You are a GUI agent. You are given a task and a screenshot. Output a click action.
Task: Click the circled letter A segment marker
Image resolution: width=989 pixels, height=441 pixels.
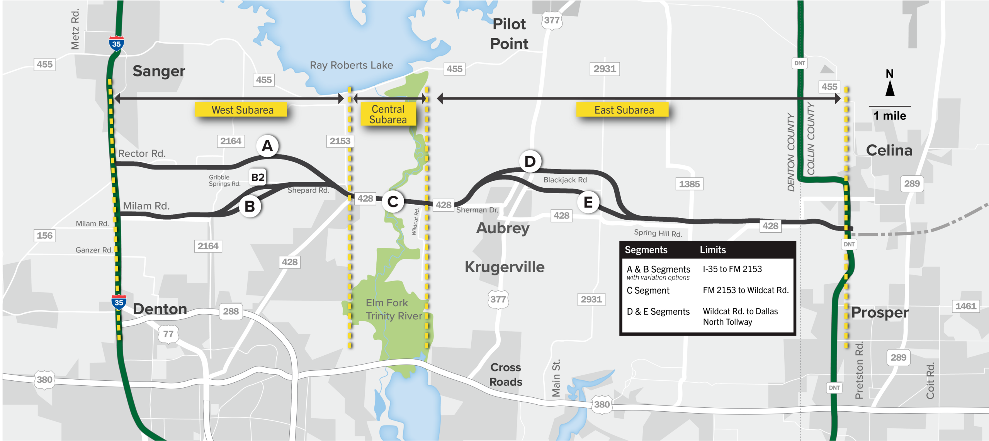coord(267,146)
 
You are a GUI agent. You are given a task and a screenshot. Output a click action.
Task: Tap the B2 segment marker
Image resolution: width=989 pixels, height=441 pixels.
coord(258,177)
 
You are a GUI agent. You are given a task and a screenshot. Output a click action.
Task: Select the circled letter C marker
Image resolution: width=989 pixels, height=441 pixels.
coord(393,202)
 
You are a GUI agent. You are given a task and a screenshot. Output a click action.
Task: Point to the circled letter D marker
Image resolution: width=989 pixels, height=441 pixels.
coord(530,161)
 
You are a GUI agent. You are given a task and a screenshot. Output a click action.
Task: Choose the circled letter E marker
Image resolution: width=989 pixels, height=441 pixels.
coord(588,202)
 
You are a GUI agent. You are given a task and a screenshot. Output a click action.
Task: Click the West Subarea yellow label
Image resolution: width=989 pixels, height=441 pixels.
coord(242,110)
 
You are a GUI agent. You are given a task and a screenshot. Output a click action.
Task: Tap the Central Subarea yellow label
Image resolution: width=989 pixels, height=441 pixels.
coord(388,114)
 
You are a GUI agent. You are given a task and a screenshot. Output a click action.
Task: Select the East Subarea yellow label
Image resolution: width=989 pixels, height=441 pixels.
coord(624,110)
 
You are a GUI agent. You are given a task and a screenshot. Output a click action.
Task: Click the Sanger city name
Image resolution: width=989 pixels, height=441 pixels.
coord(159,71)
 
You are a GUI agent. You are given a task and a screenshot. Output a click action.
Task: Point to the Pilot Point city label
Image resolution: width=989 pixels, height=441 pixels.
coord(509,34)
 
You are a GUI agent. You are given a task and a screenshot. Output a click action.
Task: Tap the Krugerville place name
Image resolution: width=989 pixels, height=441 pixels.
coord(505,267)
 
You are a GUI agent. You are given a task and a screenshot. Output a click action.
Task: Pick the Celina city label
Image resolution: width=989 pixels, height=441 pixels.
coord(889,151)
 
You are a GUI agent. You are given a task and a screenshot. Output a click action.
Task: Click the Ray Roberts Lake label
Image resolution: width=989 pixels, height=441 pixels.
coord(351,65)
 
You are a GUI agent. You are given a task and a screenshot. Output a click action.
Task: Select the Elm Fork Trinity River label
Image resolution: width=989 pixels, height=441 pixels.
coord(393,309)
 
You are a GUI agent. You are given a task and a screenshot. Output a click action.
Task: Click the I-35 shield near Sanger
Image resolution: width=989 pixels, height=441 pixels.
coord(116,44)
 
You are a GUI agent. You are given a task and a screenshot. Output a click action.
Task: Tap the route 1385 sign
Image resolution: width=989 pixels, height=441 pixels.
coord(689,184)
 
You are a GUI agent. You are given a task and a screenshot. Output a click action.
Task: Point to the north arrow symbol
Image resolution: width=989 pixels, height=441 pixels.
coord(890,88)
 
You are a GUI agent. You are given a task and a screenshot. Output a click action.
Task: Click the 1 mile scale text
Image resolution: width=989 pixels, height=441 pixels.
coord(890,116)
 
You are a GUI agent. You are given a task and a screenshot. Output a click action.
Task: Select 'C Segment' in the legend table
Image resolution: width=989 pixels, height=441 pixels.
coord(648,290)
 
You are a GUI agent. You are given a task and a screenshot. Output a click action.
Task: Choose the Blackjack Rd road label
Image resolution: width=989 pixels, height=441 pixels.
coord(565,180)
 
